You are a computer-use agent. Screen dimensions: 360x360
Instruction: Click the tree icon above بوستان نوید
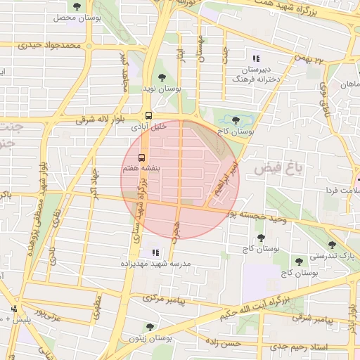162,77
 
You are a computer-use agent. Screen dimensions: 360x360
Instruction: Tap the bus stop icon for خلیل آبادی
148,116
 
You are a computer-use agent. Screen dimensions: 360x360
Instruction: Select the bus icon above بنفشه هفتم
141,157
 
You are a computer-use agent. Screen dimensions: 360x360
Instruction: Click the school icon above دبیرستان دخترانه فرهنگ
256,58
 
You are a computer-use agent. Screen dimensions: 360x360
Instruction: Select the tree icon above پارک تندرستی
333,245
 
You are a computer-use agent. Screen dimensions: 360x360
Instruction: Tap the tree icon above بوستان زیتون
150,327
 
